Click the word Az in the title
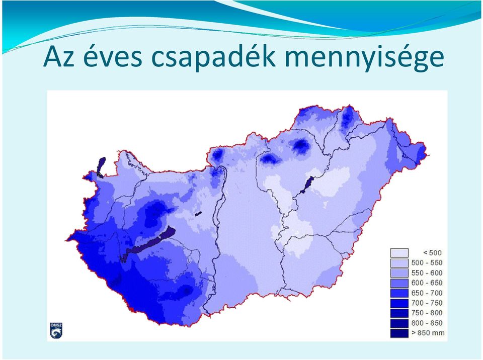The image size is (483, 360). click(59, 56)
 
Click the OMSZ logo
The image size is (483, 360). click(56, 331)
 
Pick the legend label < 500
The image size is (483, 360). click(432, 253)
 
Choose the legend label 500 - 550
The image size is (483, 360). click(427, 262)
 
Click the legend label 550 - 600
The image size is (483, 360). click(427, 273)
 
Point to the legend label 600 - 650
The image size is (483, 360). click(427, 283)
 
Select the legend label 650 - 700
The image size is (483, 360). click(427, 293)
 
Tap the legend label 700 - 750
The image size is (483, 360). click(427, 303)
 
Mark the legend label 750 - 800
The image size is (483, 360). click(427, 313)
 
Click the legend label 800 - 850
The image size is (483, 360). click(427, 323)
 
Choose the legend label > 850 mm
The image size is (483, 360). click(428, 333)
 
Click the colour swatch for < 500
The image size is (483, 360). click(399, 253)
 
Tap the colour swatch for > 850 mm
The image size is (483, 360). click(399, 333)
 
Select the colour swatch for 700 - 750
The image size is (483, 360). click(399, 303)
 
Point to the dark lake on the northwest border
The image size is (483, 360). click(101, 167)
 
